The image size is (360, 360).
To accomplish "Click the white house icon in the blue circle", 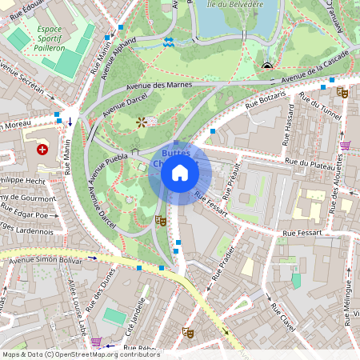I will [180, 173].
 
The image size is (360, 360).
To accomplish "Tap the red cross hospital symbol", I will [42, 149].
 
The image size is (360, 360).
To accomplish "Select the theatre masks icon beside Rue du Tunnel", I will [342, 92].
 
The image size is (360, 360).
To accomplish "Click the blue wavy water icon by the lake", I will [168, 42].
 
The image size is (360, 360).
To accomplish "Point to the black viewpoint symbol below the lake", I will [266, 66].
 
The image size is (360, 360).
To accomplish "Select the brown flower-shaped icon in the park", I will [142, 122].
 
